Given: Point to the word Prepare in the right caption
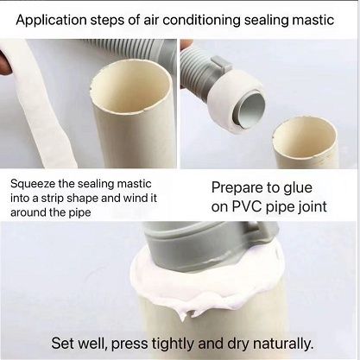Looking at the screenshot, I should tap(239, 186).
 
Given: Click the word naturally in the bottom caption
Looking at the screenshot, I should tap(275, 341).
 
